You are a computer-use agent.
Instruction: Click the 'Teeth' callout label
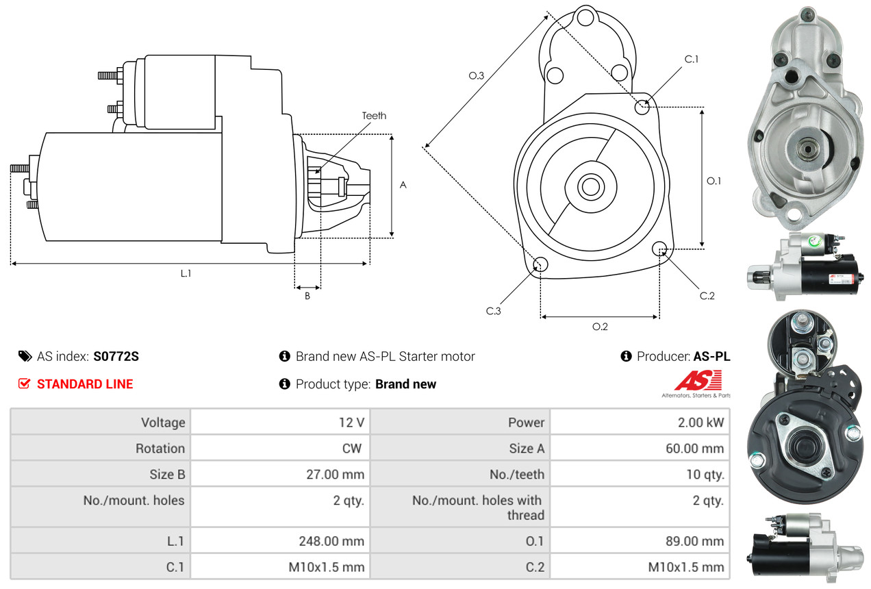(374, 116)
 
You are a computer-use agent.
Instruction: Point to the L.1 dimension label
(186, 273)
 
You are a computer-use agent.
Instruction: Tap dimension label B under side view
(307, 296)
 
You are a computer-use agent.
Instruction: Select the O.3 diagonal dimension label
(477, 76)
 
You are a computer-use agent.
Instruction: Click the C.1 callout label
(692, 59)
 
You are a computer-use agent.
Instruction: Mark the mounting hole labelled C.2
(660, 248)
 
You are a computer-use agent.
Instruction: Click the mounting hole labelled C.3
(540, 264)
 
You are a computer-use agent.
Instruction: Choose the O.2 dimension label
(600, 327)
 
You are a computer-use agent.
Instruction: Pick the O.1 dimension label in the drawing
(714, 181)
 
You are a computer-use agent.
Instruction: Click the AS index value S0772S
(116, 356)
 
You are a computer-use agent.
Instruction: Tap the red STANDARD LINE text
(85, 384)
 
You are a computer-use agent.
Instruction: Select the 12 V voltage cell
(351, 423)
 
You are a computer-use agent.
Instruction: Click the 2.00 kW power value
(700, 423)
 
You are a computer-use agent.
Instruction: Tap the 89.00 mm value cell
(695, 541)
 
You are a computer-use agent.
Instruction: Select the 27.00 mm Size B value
(339, 474)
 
